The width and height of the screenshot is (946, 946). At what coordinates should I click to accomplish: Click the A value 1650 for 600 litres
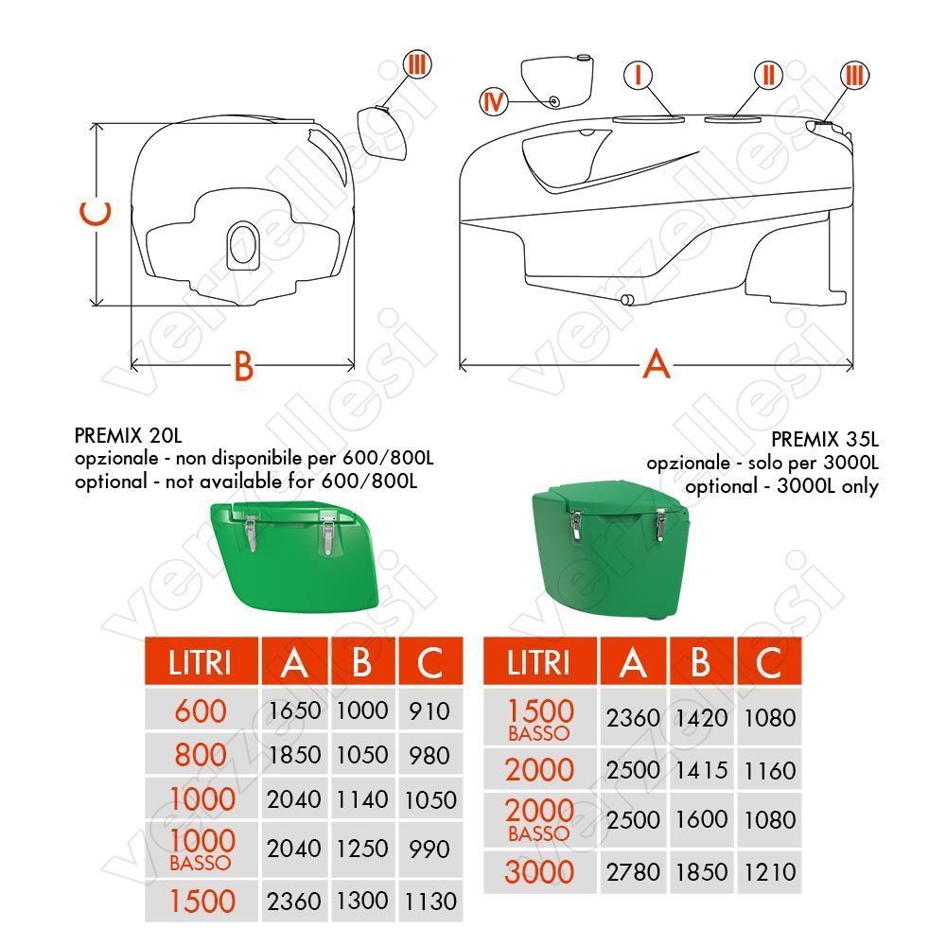(294, 710)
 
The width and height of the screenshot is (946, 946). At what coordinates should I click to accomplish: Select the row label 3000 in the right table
(539, 871)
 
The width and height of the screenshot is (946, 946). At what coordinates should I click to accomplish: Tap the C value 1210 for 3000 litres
(769, 871)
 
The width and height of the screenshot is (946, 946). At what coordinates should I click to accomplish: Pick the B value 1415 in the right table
(701, 770)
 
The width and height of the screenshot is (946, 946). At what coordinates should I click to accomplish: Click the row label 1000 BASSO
(201, 847)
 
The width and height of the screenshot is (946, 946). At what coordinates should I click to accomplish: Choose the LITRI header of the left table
(201, 662)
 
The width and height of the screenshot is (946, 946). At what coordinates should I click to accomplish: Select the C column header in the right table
(769, 662)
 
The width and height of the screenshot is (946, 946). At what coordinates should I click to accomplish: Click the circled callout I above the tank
(639, 74)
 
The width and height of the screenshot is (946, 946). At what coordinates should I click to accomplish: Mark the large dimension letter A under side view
(656, 363)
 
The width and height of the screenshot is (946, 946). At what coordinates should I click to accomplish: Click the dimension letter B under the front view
(244, 366)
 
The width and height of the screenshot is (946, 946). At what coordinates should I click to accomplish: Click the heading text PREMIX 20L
(128, 437)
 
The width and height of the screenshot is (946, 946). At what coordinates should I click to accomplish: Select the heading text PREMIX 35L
(824, 440)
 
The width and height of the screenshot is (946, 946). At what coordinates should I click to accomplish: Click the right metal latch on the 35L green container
(663, 523)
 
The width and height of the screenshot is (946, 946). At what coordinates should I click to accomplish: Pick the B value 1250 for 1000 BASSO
(362, 849)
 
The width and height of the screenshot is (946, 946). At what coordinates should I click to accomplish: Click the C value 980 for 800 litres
(430, 755)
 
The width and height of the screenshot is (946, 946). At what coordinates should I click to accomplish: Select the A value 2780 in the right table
(633, 871)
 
